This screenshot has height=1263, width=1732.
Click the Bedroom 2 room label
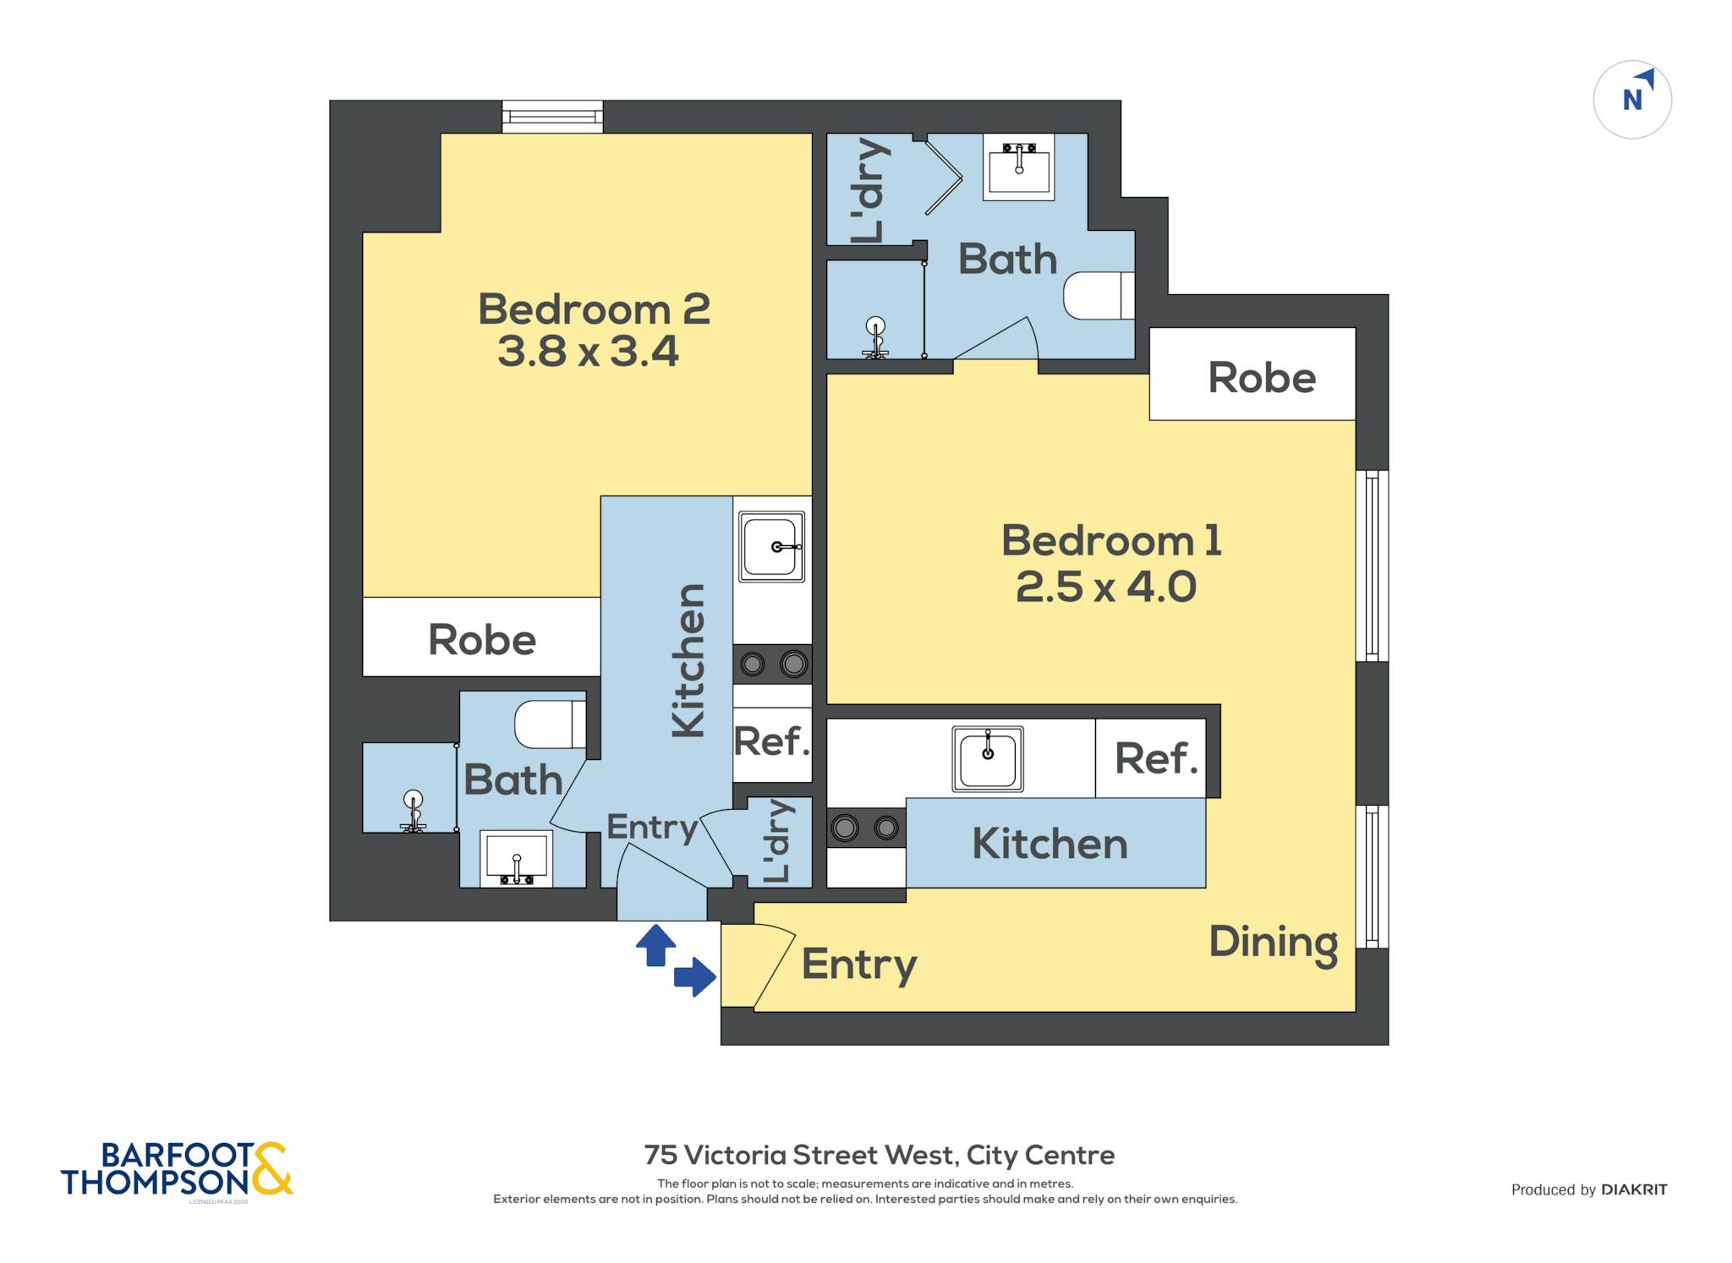[x=594, y=309]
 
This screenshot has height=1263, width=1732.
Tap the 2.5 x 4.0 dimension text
[x=1106, y=587]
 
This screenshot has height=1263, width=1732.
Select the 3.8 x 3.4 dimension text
[x=588, y=351]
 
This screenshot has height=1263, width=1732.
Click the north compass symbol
[x=1632, y=100]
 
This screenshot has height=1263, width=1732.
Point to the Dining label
[x=1274, y=943]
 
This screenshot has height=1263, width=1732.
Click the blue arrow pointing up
[x=656, y=945]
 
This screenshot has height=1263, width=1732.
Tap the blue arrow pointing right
[x=695, y=977]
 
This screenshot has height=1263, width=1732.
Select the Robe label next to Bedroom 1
[x=1262, y=378]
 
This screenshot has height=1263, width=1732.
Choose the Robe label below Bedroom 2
[x=482, y=640]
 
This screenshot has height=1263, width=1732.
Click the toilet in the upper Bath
[x=1099, y=296]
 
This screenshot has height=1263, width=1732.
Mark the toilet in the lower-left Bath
[x=551, y=724]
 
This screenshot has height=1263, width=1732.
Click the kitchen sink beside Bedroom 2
[x=771, y=546]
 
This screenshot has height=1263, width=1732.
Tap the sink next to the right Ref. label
[x=988, y=758]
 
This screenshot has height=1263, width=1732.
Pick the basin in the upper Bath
[x=1019, y=167]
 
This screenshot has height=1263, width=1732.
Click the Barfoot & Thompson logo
[x=177, y=1170]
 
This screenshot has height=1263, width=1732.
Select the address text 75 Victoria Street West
[x=800, y=1155]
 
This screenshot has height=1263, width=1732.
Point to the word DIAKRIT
[x=1634, y=1189]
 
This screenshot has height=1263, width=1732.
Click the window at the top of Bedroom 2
[x=552, y=117]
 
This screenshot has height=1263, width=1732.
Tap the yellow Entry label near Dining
[x=859, y=965]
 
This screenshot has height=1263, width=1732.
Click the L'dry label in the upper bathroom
[x=869, y=190]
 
